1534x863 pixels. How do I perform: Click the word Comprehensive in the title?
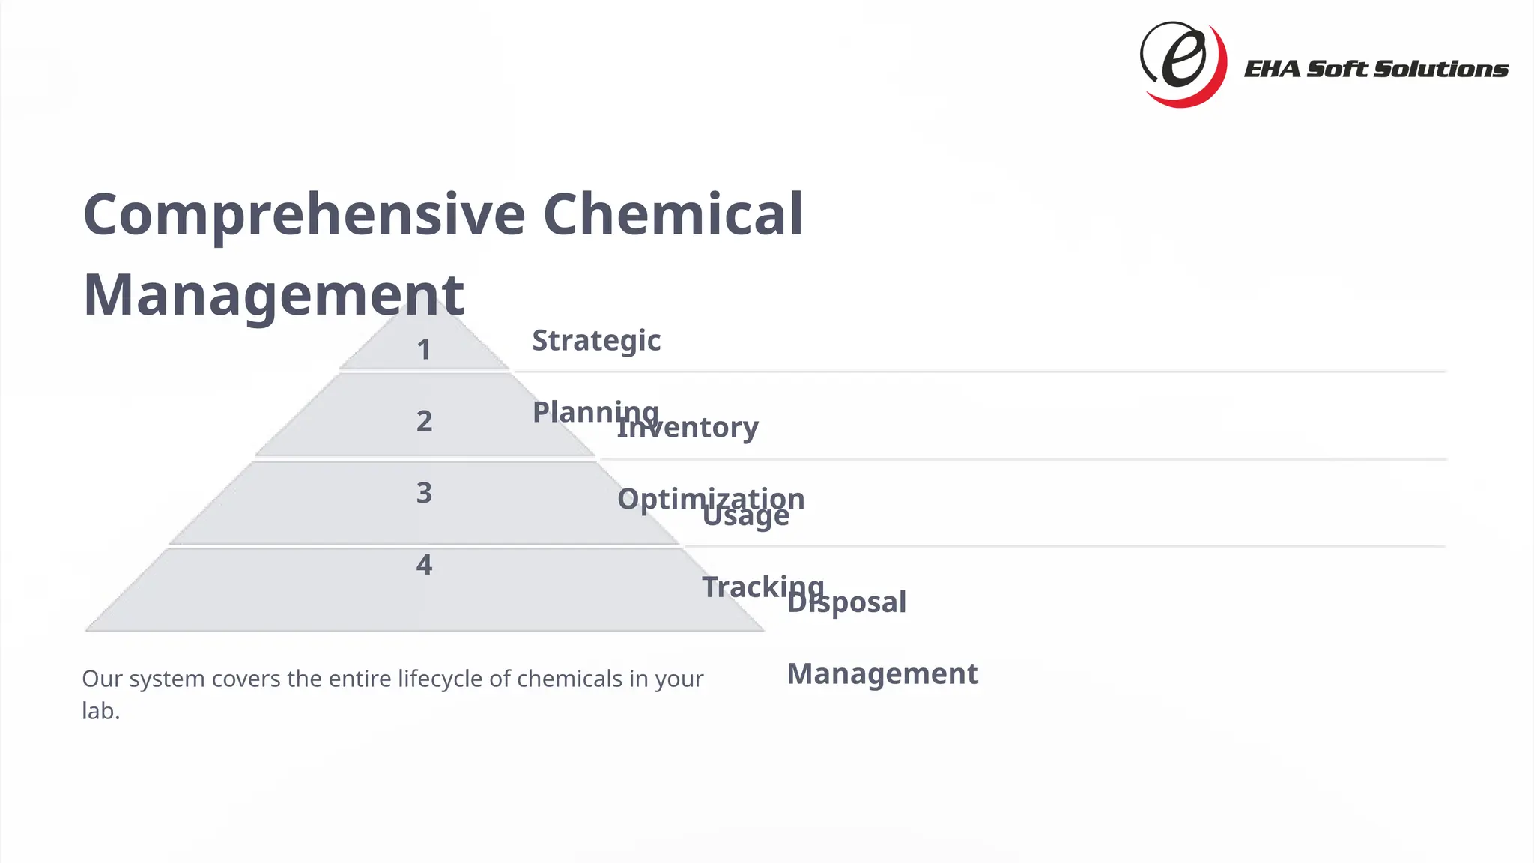pyautogui.click(x=304, y=215)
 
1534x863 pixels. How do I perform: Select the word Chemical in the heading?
pyautogui.click(x=672, y=215)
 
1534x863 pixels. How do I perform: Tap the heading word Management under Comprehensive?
pyautogui.click(x=273, y=295)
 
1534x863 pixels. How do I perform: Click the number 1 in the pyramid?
pyautogui.click(x=424, y=350)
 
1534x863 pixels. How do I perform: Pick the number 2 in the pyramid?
pyautogui.click(x=424, y=421)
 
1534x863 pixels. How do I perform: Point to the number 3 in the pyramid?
pyautogui.click(x=424, y=493)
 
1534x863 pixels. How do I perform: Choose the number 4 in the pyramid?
pyautogui.click(x=424, y=565)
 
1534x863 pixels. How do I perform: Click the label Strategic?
pyautogui.click(x=596, y=341)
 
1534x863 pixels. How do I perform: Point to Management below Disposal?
pyautogui.click(x=882, y=674)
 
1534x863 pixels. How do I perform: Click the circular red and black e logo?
pyautogui.click(x=1183, y=64)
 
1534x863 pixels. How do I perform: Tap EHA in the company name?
pyautogui.click(x=1271, y=70)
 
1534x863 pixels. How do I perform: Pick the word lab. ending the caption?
pyautogui.click(x=100, y=711)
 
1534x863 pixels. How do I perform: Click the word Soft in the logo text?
pyautogui.click(x=1338, y=70)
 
